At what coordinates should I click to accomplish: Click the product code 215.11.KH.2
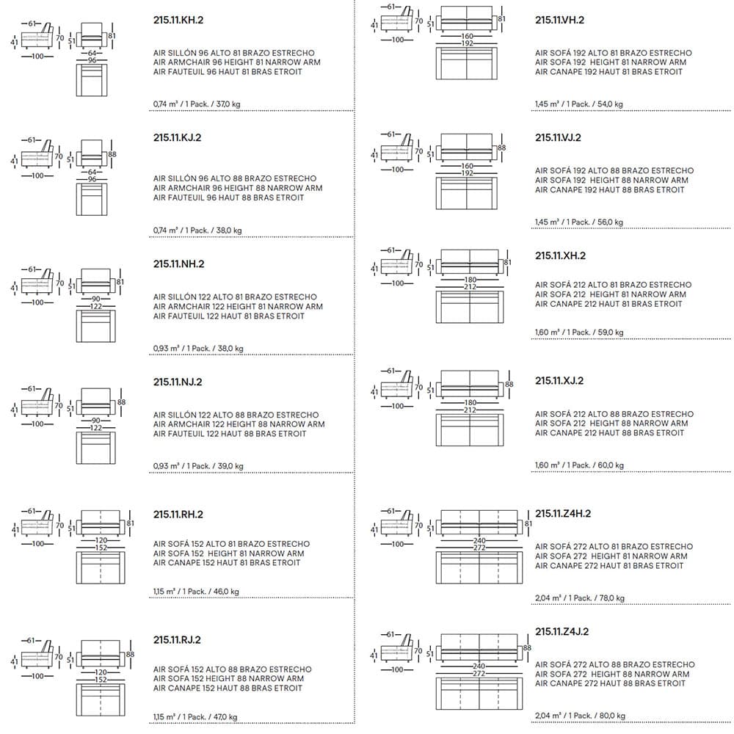[178, 20]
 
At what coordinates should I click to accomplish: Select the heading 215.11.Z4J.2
[562, 631]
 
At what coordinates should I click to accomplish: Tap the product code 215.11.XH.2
[560, 255]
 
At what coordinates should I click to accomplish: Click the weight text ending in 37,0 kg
[197, 104]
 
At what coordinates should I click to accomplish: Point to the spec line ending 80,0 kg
[580, 716]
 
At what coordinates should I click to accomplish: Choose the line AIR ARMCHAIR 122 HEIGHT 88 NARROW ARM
[239, 424]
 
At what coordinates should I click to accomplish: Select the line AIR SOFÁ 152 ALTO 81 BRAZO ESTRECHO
[231, 544]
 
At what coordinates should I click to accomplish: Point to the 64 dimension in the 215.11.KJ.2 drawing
[92, 172]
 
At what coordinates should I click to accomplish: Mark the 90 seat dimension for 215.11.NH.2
[95, 297]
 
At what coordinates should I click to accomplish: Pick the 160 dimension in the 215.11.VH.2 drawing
[467, 35]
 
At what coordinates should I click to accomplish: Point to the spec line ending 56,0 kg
[579, 222]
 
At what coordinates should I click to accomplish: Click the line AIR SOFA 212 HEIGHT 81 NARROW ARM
[611, 294]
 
